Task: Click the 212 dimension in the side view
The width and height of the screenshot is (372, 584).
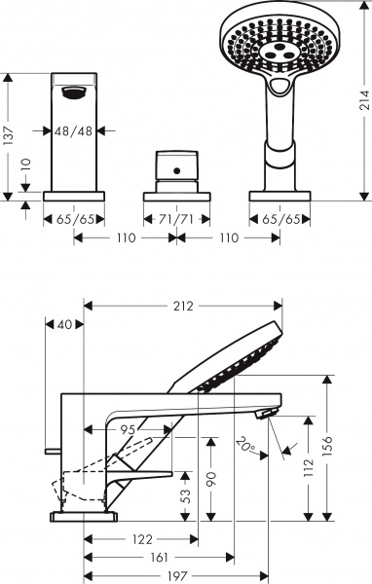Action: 183,306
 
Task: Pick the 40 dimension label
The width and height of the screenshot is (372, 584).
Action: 65,324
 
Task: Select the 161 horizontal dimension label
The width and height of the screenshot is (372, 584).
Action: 157,558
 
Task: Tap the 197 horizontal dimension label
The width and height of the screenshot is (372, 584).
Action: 176,576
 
